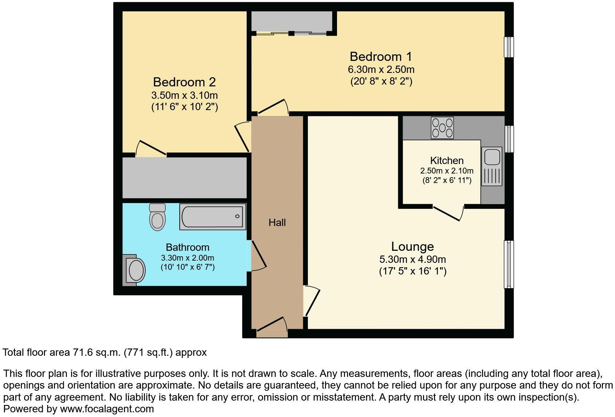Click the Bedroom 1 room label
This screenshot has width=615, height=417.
(381, 56)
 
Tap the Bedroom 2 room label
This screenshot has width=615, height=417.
(184, 82)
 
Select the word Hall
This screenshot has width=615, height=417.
(277, 222)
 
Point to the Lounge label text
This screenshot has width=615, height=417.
(412, 246)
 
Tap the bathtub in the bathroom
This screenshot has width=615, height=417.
(212, 217)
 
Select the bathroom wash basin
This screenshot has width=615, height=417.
(136, 270)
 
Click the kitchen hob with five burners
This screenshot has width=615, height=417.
(442, 128)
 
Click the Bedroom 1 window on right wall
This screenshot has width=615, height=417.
(509, 47)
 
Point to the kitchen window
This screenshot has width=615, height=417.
(509, 139)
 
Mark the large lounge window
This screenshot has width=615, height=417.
(509, 264)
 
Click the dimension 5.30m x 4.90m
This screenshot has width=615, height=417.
(412, 260)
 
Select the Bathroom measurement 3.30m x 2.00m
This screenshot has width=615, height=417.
(188, 258)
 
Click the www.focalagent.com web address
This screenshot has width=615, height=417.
(107, 409)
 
